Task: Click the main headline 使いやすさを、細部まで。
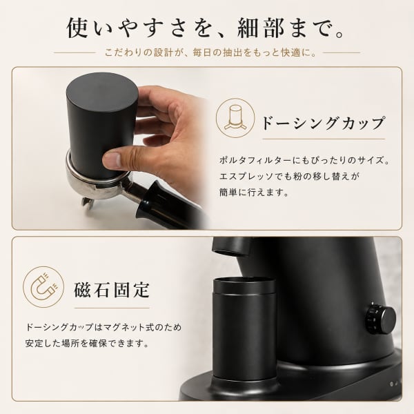tap(206, 28)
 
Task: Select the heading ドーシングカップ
tap(323, 123)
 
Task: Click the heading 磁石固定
tap(112, 290)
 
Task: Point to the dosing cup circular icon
tap(235, 118)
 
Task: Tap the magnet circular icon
tap(43, 287)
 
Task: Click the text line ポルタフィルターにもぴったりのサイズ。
tap(304, 160)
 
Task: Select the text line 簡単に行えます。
tap(254, 193)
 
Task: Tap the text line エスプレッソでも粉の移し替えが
tap(289, 177)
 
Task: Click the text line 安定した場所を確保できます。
tap(87, 344)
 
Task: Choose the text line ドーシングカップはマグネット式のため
tap(103, 327)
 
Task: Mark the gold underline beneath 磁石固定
tap(112, 308)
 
